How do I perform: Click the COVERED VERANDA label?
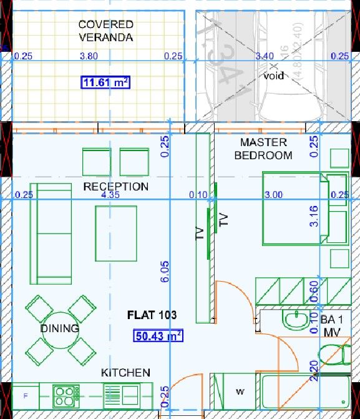(x=105, y=31)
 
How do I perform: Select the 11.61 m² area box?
(x=105, y=82)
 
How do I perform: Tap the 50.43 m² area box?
(x=158, y=336)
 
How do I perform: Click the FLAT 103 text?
(x=152, y=315)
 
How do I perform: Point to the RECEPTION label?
(x=116, y=187)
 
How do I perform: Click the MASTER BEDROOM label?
(x=263, y=149)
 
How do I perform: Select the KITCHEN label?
(x=126, y=373)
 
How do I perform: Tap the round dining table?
(x=59, y=328)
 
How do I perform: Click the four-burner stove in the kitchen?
(x=64, y=394)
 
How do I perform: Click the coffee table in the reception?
(x=116, y=233)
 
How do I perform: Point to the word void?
(x=273, y=76)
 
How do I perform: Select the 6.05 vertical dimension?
(x=165, y=273)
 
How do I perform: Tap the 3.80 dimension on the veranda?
(x=89, y=56)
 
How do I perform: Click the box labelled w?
(x=239, y=392)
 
